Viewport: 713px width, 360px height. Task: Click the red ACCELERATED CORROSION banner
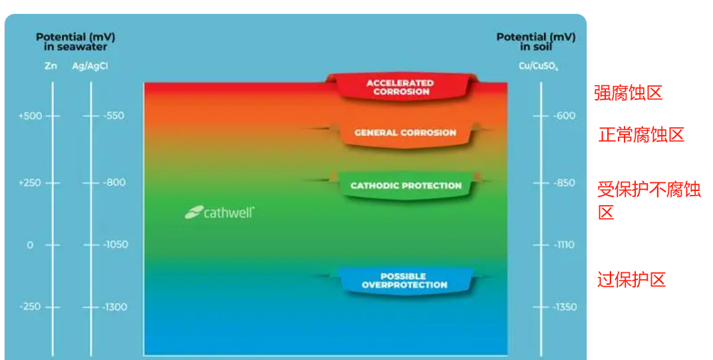pyautogui.click(x=400, y=87)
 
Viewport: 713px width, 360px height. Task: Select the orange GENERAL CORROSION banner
pyautogui.click(x=405, y=132)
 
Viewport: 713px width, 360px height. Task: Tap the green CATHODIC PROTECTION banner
pyautogui.click(x=406, y=186)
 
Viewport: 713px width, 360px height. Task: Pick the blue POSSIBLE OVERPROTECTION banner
pyautogui.click(x=404, y=281)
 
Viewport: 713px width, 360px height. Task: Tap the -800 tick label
pyautogui.click(x=114, y=182)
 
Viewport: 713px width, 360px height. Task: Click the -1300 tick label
pyautogui.click(x=115, y=307)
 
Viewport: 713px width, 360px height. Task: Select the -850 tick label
pyautogui.click(x=564, y=183)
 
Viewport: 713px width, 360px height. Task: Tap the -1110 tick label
pyautogui.click(x=564, y=245)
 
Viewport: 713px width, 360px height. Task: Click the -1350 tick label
pyautogui.click(x=565, y=307)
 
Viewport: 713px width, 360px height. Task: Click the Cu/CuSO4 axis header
pyautogui.click(x=539, y=66)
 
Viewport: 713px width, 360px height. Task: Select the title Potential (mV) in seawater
pyautogui.click(x=71, y=41)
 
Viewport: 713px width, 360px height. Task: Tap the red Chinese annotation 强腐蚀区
pyautogui.click(x=628, y=92)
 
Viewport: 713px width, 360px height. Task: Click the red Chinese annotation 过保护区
pyautogui.click(x=631, y=279)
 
